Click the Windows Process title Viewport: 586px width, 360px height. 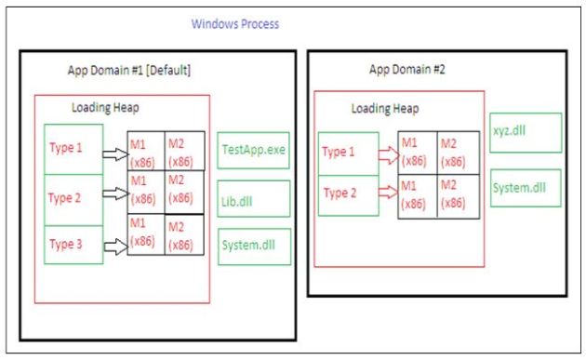234,23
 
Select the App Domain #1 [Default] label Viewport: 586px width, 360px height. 129,71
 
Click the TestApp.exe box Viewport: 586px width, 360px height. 254,149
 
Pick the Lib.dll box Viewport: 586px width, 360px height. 254,197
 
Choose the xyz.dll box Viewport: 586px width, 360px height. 526,132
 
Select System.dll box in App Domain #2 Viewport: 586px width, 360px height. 526,187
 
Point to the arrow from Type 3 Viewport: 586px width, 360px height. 114,247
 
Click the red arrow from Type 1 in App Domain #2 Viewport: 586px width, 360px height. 387,151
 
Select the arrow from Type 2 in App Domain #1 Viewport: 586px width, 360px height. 114,194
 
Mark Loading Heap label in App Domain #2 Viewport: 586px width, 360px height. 384,108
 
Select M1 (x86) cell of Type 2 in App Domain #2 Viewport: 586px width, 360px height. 416,195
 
